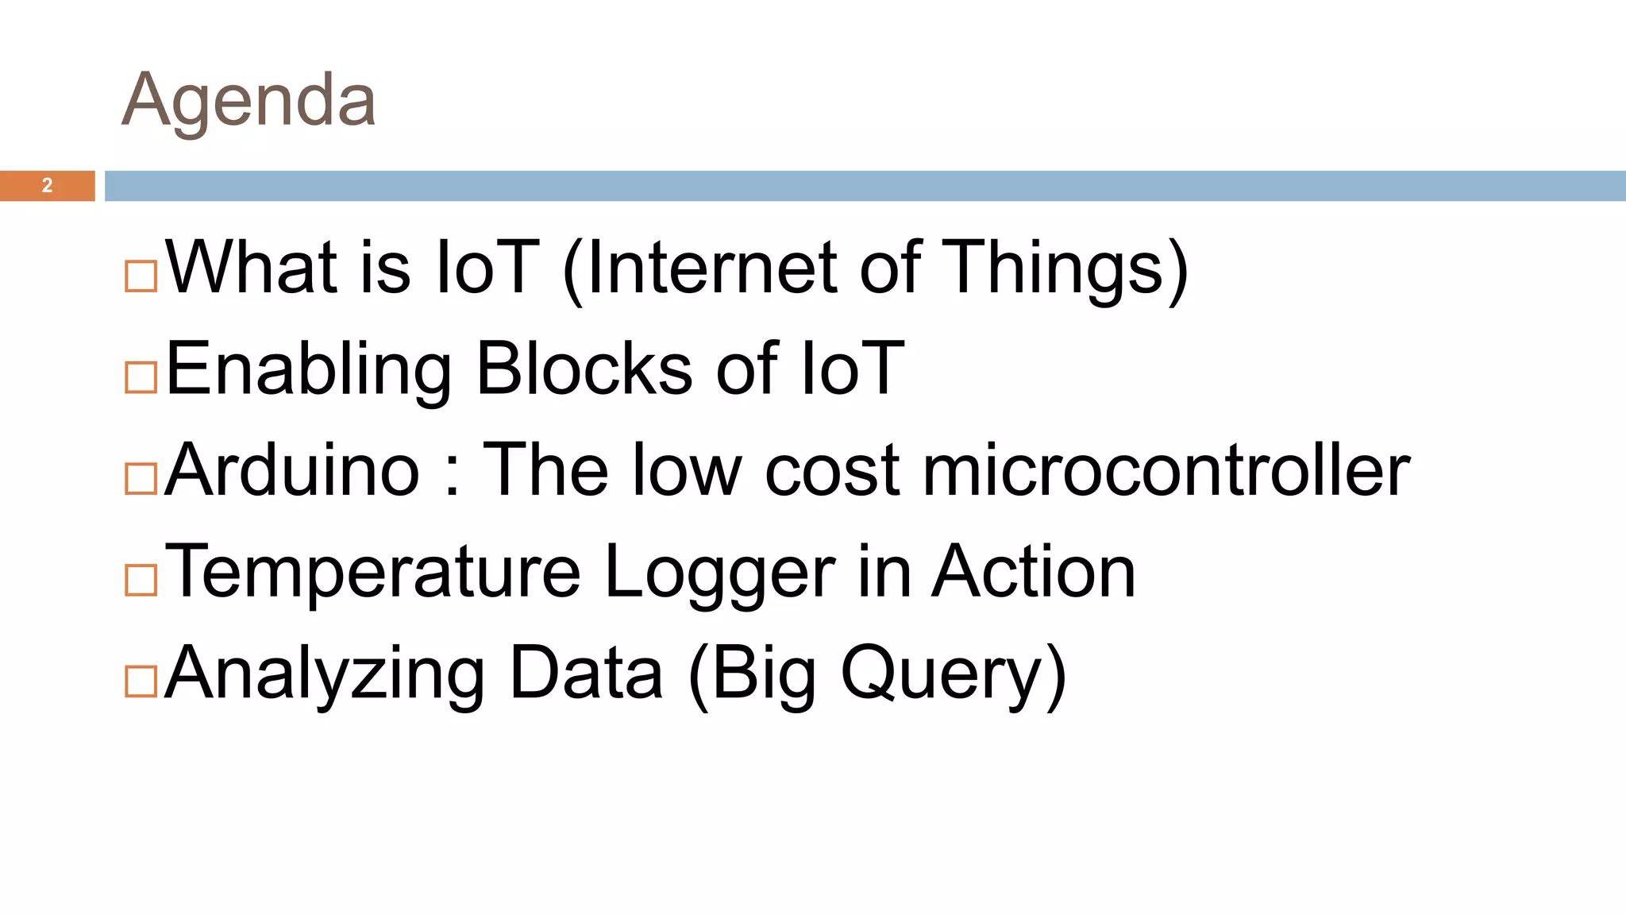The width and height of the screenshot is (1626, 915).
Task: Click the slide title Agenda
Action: coord(249,101)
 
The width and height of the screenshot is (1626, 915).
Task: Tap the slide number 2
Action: coord(48,186)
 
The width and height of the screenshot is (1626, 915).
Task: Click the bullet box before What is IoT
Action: coord(141,276)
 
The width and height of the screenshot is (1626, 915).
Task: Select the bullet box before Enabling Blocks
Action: coord(141,377)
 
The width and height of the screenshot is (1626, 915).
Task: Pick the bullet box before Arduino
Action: coord(141,479)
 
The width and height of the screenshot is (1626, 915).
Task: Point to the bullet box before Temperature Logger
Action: coord(141,580)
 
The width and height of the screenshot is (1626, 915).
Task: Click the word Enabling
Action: coord(309,369)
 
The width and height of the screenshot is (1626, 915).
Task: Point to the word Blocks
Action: coord(584,369)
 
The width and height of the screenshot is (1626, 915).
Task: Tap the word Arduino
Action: coord(292,471)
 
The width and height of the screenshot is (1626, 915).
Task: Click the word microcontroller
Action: coord(1166,471)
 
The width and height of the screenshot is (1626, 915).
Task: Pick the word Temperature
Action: coord(373,572)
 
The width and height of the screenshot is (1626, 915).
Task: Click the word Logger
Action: coord(719,572)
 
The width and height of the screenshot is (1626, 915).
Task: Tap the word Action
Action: coord(1034,572)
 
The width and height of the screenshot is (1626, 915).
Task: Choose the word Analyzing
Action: coord(325,674)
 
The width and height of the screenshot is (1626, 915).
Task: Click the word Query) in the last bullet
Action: coord(953,674)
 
